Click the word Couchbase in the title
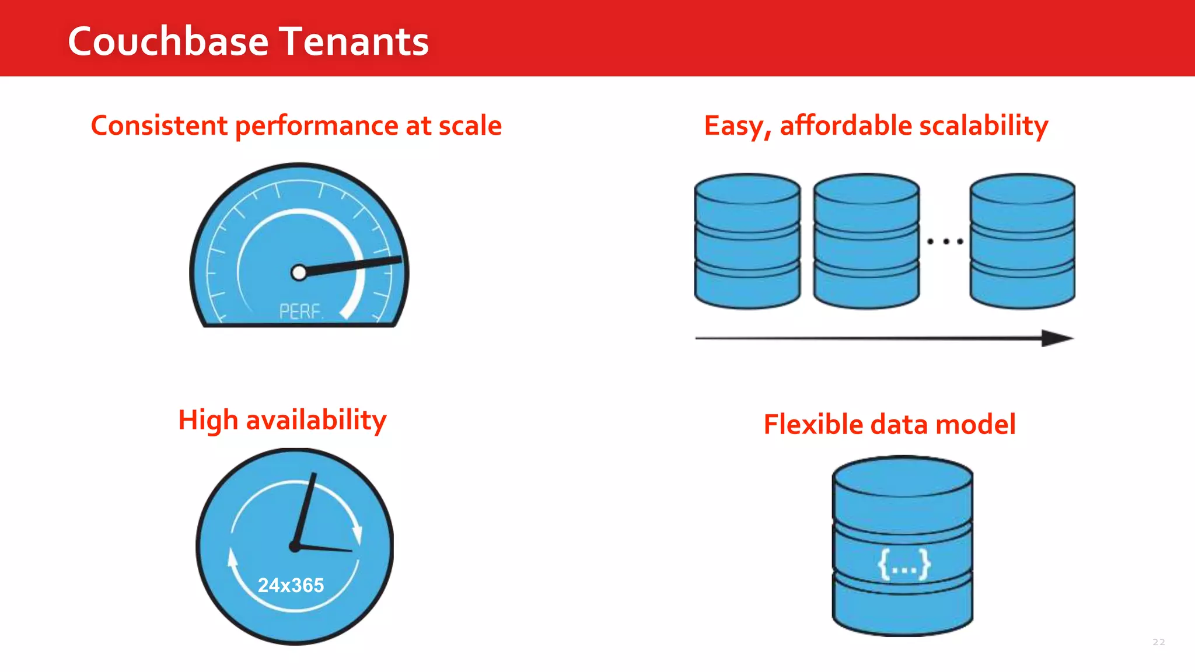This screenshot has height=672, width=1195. click(x=168, y=42)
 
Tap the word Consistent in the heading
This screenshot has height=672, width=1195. click(x=159, y=126)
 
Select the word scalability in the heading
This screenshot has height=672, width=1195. click(x=984, y=126)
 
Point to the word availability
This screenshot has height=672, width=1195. click(x=316, y=421)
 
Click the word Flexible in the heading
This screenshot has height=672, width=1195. click(x=813, y=425)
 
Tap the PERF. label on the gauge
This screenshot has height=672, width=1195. click(x=301, y=311)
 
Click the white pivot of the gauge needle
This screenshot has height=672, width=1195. click(x=299, y=272)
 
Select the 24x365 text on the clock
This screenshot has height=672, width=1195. click(x=291, y=585)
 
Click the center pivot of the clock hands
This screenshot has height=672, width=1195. click(x=295, y=547)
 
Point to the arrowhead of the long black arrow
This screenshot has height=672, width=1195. click(x=1056, y=338)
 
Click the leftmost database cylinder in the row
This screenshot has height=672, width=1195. click(x=747, y=241)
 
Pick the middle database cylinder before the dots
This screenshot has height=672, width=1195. click(x=866, y=241)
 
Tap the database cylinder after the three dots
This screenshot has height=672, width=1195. click(x=1022, y=241)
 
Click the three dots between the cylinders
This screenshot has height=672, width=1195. click(x=945, y=241)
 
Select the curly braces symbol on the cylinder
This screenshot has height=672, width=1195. click(x=904, y=564)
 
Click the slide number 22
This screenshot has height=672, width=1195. click(x=1159, y=642)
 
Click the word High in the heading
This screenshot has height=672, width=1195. click(x=208, y=421)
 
